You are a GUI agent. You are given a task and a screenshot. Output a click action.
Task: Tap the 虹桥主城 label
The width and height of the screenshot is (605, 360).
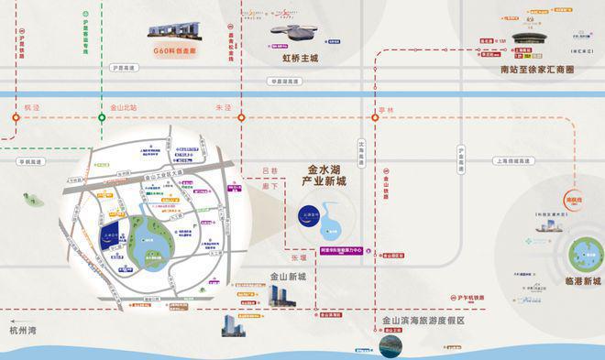pos(301,58)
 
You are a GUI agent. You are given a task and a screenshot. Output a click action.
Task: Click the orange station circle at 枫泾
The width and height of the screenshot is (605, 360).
pos(16,117)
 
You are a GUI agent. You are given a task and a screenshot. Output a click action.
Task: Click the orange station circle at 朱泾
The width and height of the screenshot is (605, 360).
pos(241,117)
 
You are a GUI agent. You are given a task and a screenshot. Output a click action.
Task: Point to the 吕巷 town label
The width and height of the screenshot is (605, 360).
pos(269,170)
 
